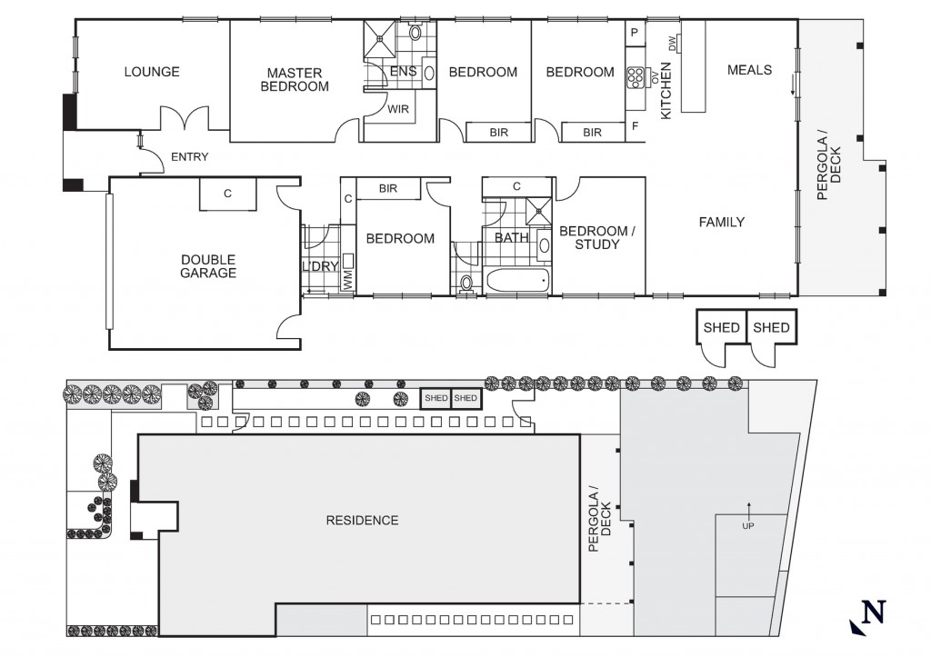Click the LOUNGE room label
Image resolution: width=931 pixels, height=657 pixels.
click(x=152, y=72)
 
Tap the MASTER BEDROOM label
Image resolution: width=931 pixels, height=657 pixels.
click(x=295, y=80)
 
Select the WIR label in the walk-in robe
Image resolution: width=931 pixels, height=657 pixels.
click(x=398, y=109)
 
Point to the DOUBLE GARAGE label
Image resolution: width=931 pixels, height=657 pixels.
click(x=208, y=266)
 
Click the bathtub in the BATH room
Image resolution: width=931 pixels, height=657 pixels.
click(x=517, y=280)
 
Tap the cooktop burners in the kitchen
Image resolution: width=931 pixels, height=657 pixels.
click(x=635, y=76)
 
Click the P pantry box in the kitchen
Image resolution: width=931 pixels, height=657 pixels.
click(x=635, y=34)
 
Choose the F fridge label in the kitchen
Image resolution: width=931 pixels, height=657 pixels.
click(x=636, y=126)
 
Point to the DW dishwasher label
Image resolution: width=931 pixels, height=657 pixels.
click(x=672, y=43)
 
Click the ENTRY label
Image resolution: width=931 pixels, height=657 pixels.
click(x=189, y=157)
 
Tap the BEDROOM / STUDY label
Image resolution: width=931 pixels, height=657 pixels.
click(x=597, y=237)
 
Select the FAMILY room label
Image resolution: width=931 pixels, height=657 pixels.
click(x=721, y=222)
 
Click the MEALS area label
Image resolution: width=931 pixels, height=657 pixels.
click(x=749, y=70)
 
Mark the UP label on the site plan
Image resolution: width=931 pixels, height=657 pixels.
click(x=748, y=526)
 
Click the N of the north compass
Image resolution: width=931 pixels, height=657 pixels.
click(x=874, y=612)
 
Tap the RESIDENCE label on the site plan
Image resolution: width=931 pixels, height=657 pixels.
click(x=362, y=521)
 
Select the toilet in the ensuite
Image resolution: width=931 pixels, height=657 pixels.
click(x=415, y=32)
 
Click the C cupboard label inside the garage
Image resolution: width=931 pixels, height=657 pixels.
click(x=227, y=194)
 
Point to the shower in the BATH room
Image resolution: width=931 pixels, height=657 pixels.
click(x=538, y=209)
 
